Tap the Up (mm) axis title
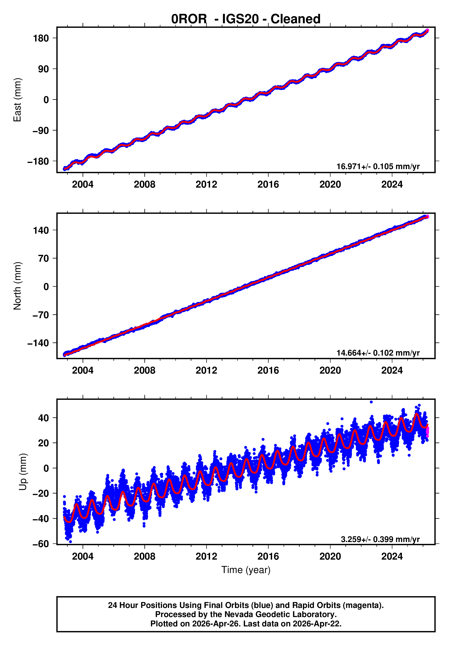click(x=23, y=472)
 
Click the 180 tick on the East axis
click(x=41, y=38)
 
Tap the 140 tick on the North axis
click(x=41, y=230)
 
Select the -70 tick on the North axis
click(x=39, y=315)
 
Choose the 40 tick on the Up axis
click(x=43, y=418)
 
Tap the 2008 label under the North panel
click(x=144, y=371)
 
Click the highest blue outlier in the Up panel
click(x=371, y=402)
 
